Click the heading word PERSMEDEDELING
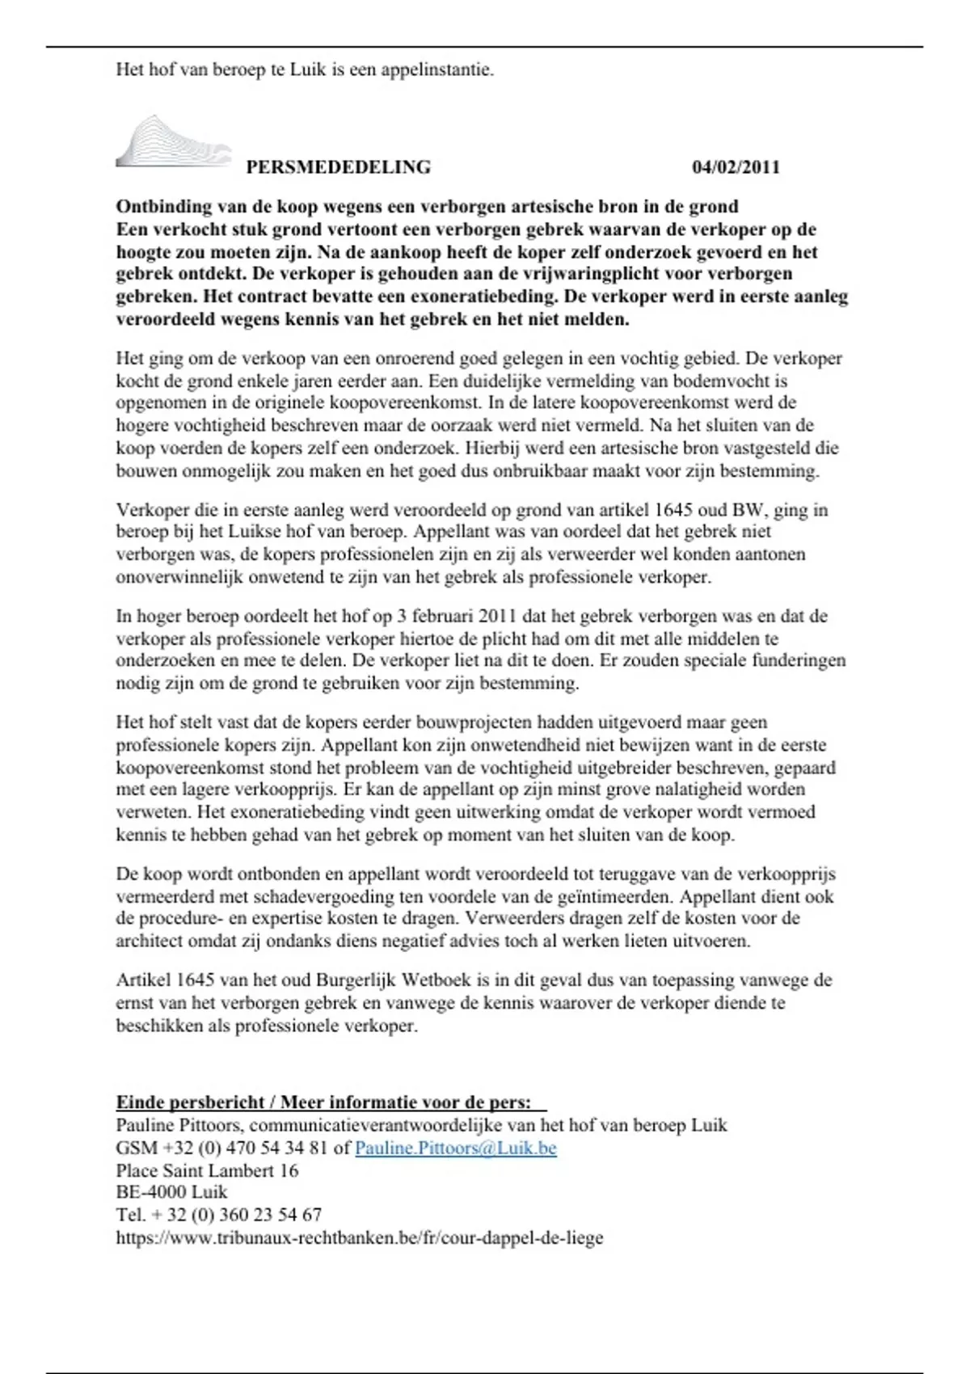tap(338, 167)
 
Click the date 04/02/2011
tap(736, 167)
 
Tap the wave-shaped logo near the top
tap(172, 142)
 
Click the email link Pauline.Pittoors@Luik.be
tap(455, 1148)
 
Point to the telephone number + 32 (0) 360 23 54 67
tap(235, 1215)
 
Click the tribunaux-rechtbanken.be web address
tap(359, 1237)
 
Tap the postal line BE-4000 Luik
tap(171, 1192)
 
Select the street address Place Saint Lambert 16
tap(207, 1170)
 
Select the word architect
tap(150, 941)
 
